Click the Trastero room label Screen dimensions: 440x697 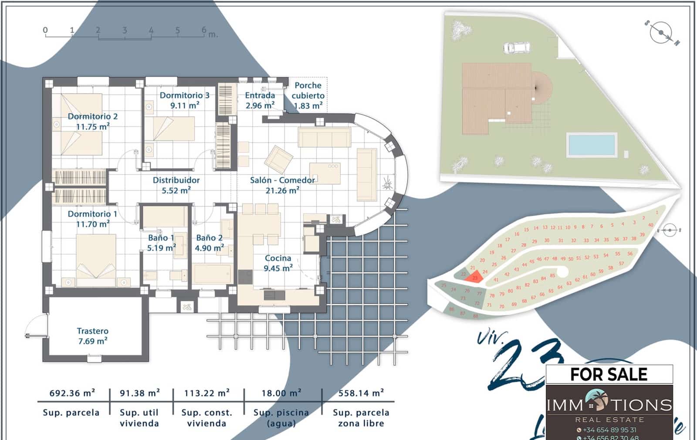(92, 336)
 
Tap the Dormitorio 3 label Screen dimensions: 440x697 (184, 100)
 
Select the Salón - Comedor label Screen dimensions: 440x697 (282, 185)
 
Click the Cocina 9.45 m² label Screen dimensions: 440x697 (278, 263)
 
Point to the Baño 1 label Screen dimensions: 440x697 (161, 243)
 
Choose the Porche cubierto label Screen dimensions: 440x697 (308, 95)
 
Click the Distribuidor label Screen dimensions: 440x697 (176, 185)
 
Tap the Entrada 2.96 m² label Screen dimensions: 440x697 (260, 100)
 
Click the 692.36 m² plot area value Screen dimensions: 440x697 (72, 393)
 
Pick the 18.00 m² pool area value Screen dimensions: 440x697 (281, 393)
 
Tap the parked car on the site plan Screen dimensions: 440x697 (517, 47)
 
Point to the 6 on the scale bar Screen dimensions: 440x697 (204, 30)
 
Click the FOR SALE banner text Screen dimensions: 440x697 (609, 374)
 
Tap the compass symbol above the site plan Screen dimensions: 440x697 (661, 33)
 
